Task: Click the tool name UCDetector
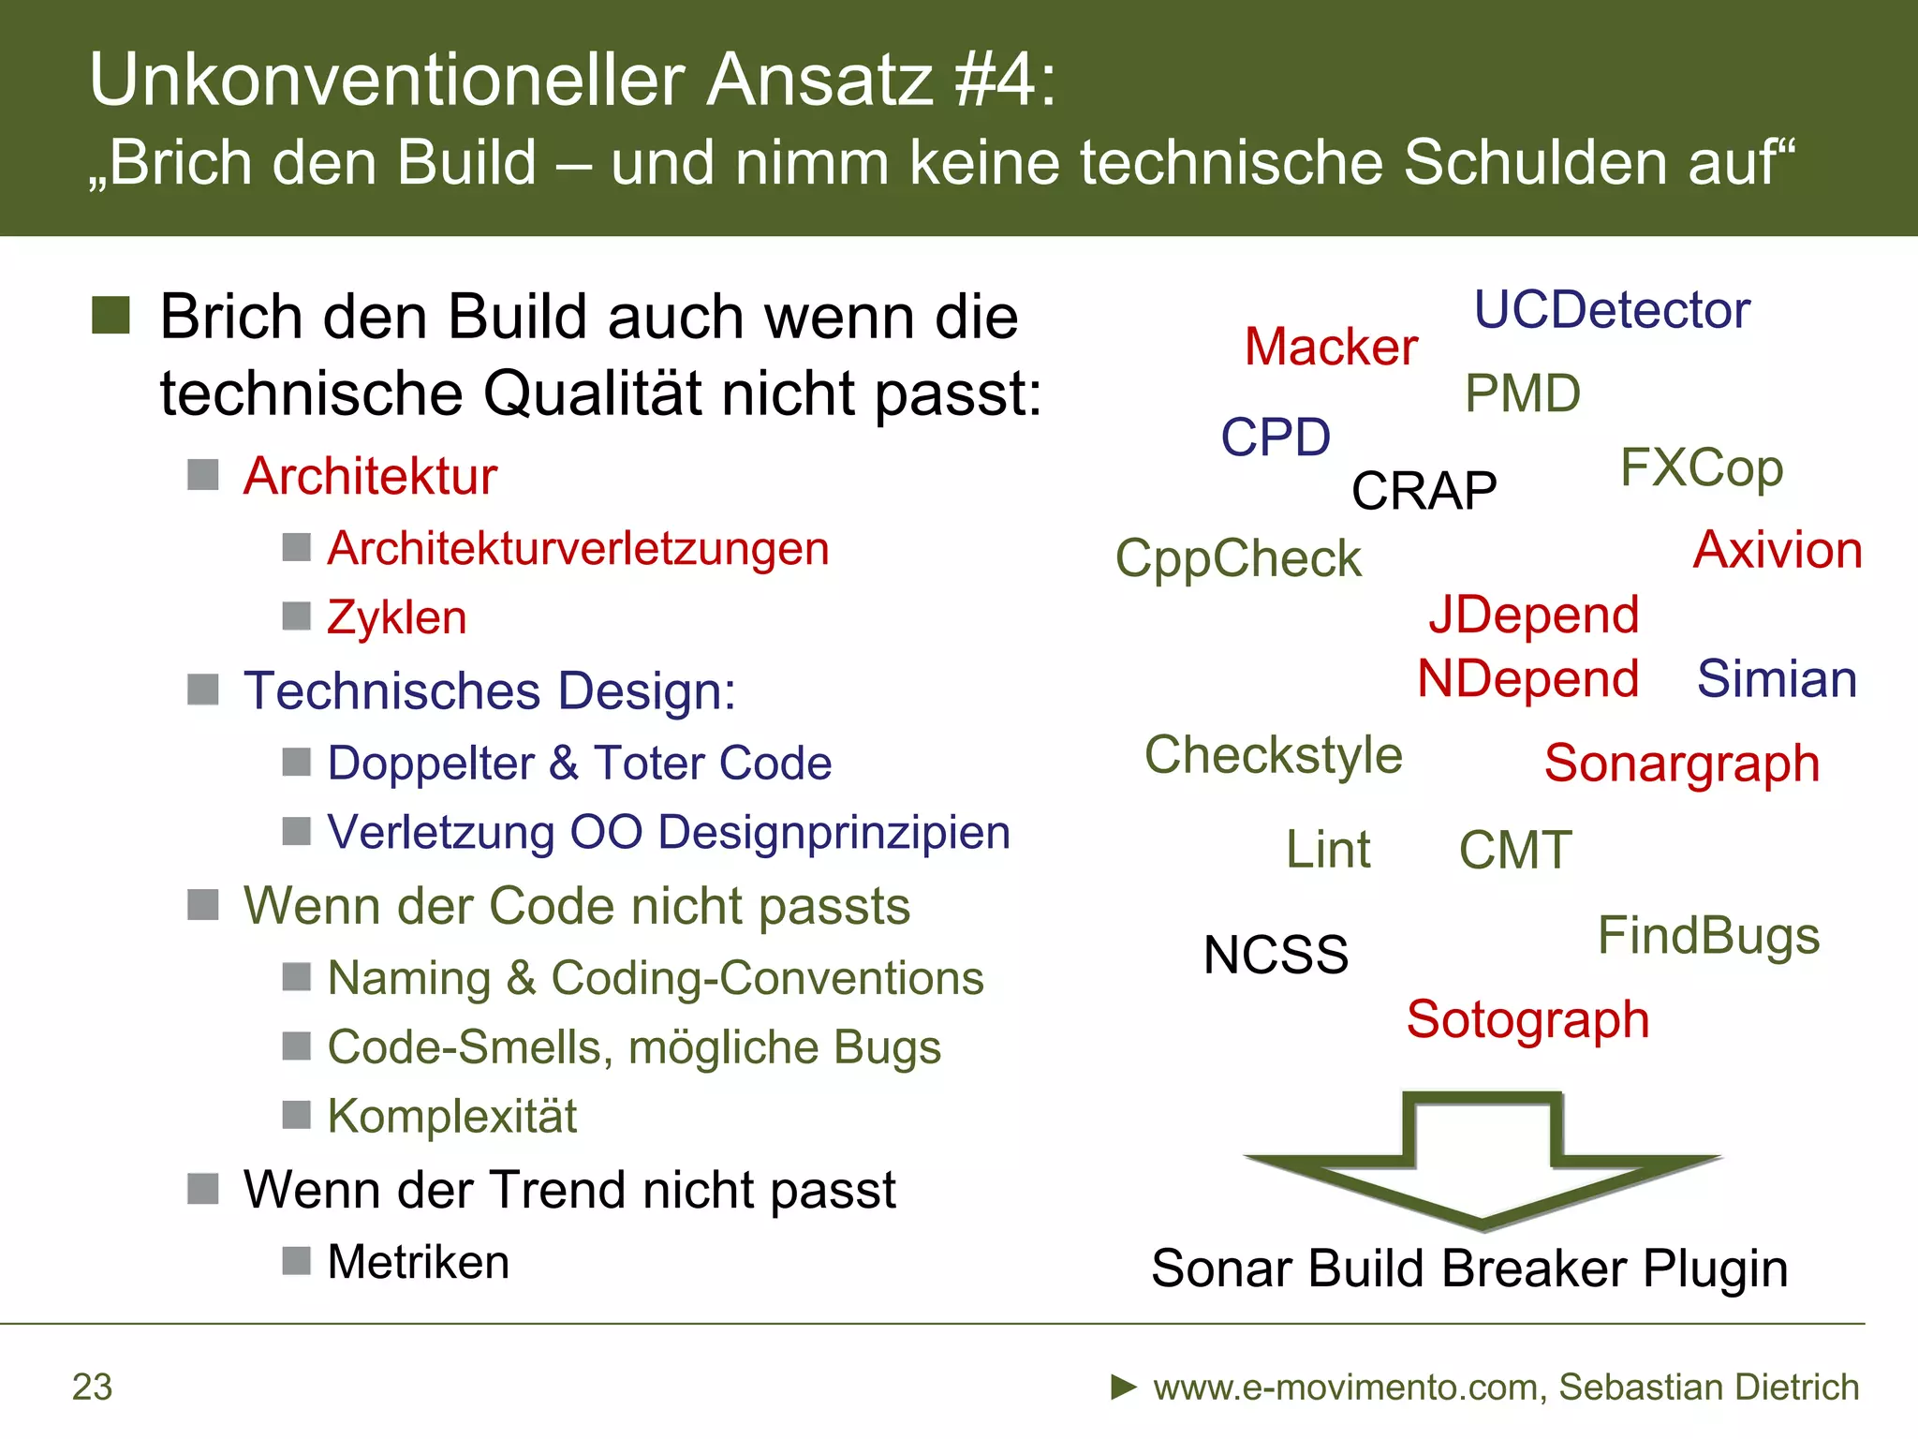point(1611,310)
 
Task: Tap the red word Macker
point(1330,348)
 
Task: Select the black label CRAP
point(1424,491)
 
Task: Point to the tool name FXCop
point(1701,468)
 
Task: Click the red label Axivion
point(1777,550)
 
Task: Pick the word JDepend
point(1533,616)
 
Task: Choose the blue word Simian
point(1776,679)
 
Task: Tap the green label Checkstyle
point(1273,756)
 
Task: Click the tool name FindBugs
point(1707,936)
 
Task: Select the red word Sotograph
point(1527,1020)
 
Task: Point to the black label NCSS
point(1275,956)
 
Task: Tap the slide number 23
point(92,1387)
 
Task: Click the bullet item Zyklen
point(396,618)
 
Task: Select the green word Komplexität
point(451,1117)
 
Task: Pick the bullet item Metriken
point(418,1262)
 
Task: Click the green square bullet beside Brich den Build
point(111,316)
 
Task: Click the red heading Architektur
point(370,476)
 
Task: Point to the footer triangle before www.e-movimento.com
point(1123,1387)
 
